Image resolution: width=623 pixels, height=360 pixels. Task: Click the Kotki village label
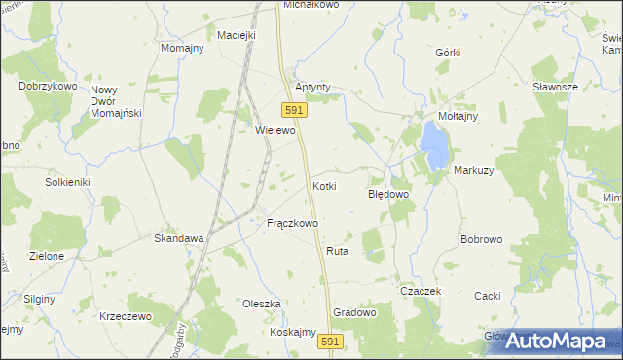[x=324, y=185]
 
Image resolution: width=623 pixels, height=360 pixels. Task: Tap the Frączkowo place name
[x=293, y=223]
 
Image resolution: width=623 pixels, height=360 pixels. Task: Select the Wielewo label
[x=274, y=130]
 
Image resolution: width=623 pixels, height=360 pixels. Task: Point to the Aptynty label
[x=312, y=87]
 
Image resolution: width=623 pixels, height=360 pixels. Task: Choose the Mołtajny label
[x=458, y=116]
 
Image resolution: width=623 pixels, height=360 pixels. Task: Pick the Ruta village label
[x=338, y=251]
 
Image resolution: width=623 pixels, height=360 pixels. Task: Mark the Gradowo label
[x=354, y=312]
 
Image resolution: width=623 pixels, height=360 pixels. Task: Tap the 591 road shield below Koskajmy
[x=330, y=343]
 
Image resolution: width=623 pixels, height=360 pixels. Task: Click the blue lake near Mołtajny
[x=435, y=144]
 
